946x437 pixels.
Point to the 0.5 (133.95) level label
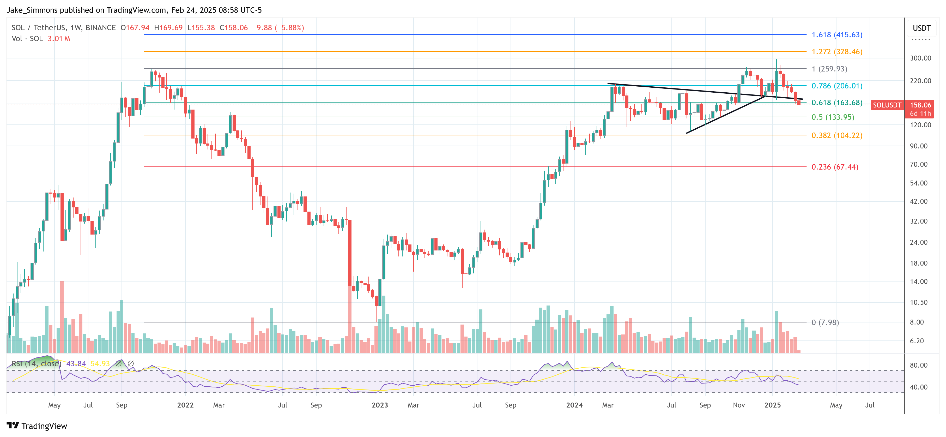(x=833, y=117)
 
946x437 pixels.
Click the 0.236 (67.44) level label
(x=835, y=167)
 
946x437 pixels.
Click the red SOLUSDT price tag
(x=887, y=105)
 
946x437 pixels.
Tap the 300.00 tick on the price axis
(x=920, y=58)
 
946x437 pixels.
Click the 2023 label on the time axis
(x=380, y=405)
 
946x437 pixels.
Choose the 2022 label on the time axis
(x=185, y=405)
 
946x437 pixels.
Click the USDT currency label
(x=921, y=28)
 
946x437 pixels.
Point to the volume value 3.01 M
(x=59, y=39)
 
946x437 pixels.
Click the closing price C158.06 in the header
(x=234, y=28)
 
